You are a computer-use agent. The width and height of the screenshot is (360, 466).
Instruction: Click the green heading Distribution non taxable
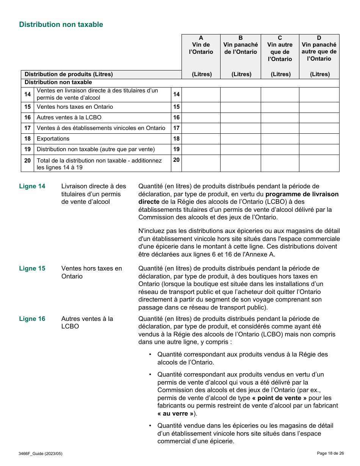61,25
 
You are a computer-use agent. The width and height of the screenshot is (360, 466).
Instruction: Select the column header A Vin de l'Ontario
201,45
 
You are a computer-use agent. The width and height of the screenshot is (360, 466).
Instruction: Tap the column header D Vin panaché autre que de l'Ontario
319,48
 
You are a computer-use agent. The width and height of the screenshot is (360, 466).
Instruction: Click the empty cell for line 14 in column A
201,94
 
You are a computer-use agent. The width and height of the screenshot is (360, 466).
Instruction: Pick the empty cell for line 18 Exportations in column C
280,139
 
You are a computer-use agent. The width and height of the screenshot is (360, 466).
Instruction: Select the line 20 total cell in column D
319,163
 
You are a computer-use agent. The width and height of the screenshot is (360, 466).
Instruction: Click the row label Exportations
53,139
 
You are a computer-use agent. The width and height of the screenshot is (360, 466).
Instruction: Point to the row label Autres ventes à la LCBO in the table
69,117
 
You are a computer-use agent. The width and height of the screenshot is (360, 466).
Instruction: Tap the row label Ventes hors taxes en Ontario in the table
75,107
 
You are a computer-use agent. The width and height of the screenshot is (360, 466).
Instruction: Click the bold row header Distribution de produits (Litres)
69,74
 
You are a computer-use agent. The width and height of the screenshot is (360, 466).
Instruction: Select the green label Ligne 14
32,186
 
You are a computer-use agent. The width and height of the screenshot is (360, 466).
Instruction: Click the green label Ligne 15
32,268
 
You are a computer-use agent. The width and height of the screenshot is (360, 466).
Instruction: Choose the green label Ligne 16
32,319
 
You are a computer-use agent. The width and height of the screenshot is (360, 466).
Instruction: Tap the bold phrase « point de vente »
279,398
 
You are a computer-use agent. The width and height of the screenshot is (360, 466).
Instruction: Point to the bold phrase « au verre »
175,413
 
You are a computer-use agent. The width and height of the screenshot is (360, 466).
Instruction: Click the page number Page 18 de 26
330,453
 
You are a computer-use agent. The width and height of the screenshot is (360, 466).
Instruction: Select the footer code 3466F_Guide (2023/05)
41,453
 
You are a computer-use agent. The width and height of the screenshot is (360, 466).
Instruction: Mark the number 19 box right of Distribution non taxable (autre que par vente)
176,149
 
